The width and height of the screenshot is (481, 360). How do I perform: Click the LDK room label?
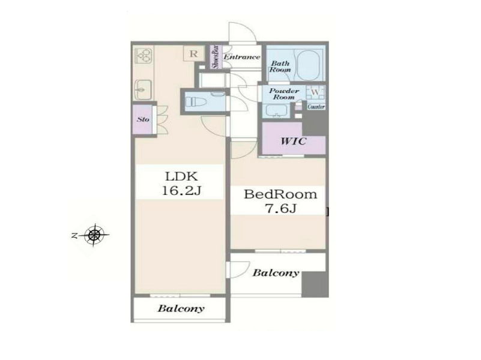[181, 176]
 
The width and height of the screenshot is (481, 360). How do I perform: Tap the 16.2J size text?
[181, 191]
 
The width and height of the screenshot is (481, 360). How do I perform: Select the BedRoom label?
[280, 194]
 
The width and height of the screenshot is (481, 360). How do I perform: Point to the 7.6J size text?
[280, 209]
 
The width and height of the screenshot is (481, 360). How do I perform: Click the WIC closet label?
[294, 141]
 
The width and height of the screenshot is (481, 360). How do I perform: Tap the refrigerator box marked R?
[193, 53]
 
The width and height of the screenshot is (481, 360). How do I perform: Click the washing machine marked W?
[316, 92]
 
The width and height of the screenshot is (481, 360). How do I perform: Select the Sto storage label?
[143, 119]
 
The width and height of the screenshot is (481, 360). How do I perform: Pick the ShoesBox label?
[216, 57]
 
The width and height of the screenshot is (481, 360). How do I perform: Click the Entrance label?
[242, 57]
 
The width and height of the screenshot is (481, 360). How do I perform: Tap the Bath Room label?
[280, 67]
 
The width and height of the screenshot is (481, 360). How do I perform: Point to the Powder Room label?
[284, 94]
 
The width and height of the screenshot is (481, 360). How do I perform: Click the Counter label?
[316, 107]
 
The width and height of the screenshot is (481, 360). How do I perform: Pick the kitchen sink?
[144, 90]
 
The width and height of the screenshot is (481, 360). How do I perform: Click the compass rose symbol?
[94, 235]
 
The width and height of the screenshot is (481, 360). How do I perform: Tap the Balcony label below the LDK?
[181, 308]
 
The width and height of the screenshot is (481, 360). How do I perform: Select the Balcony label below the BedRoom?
[276, 272]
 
